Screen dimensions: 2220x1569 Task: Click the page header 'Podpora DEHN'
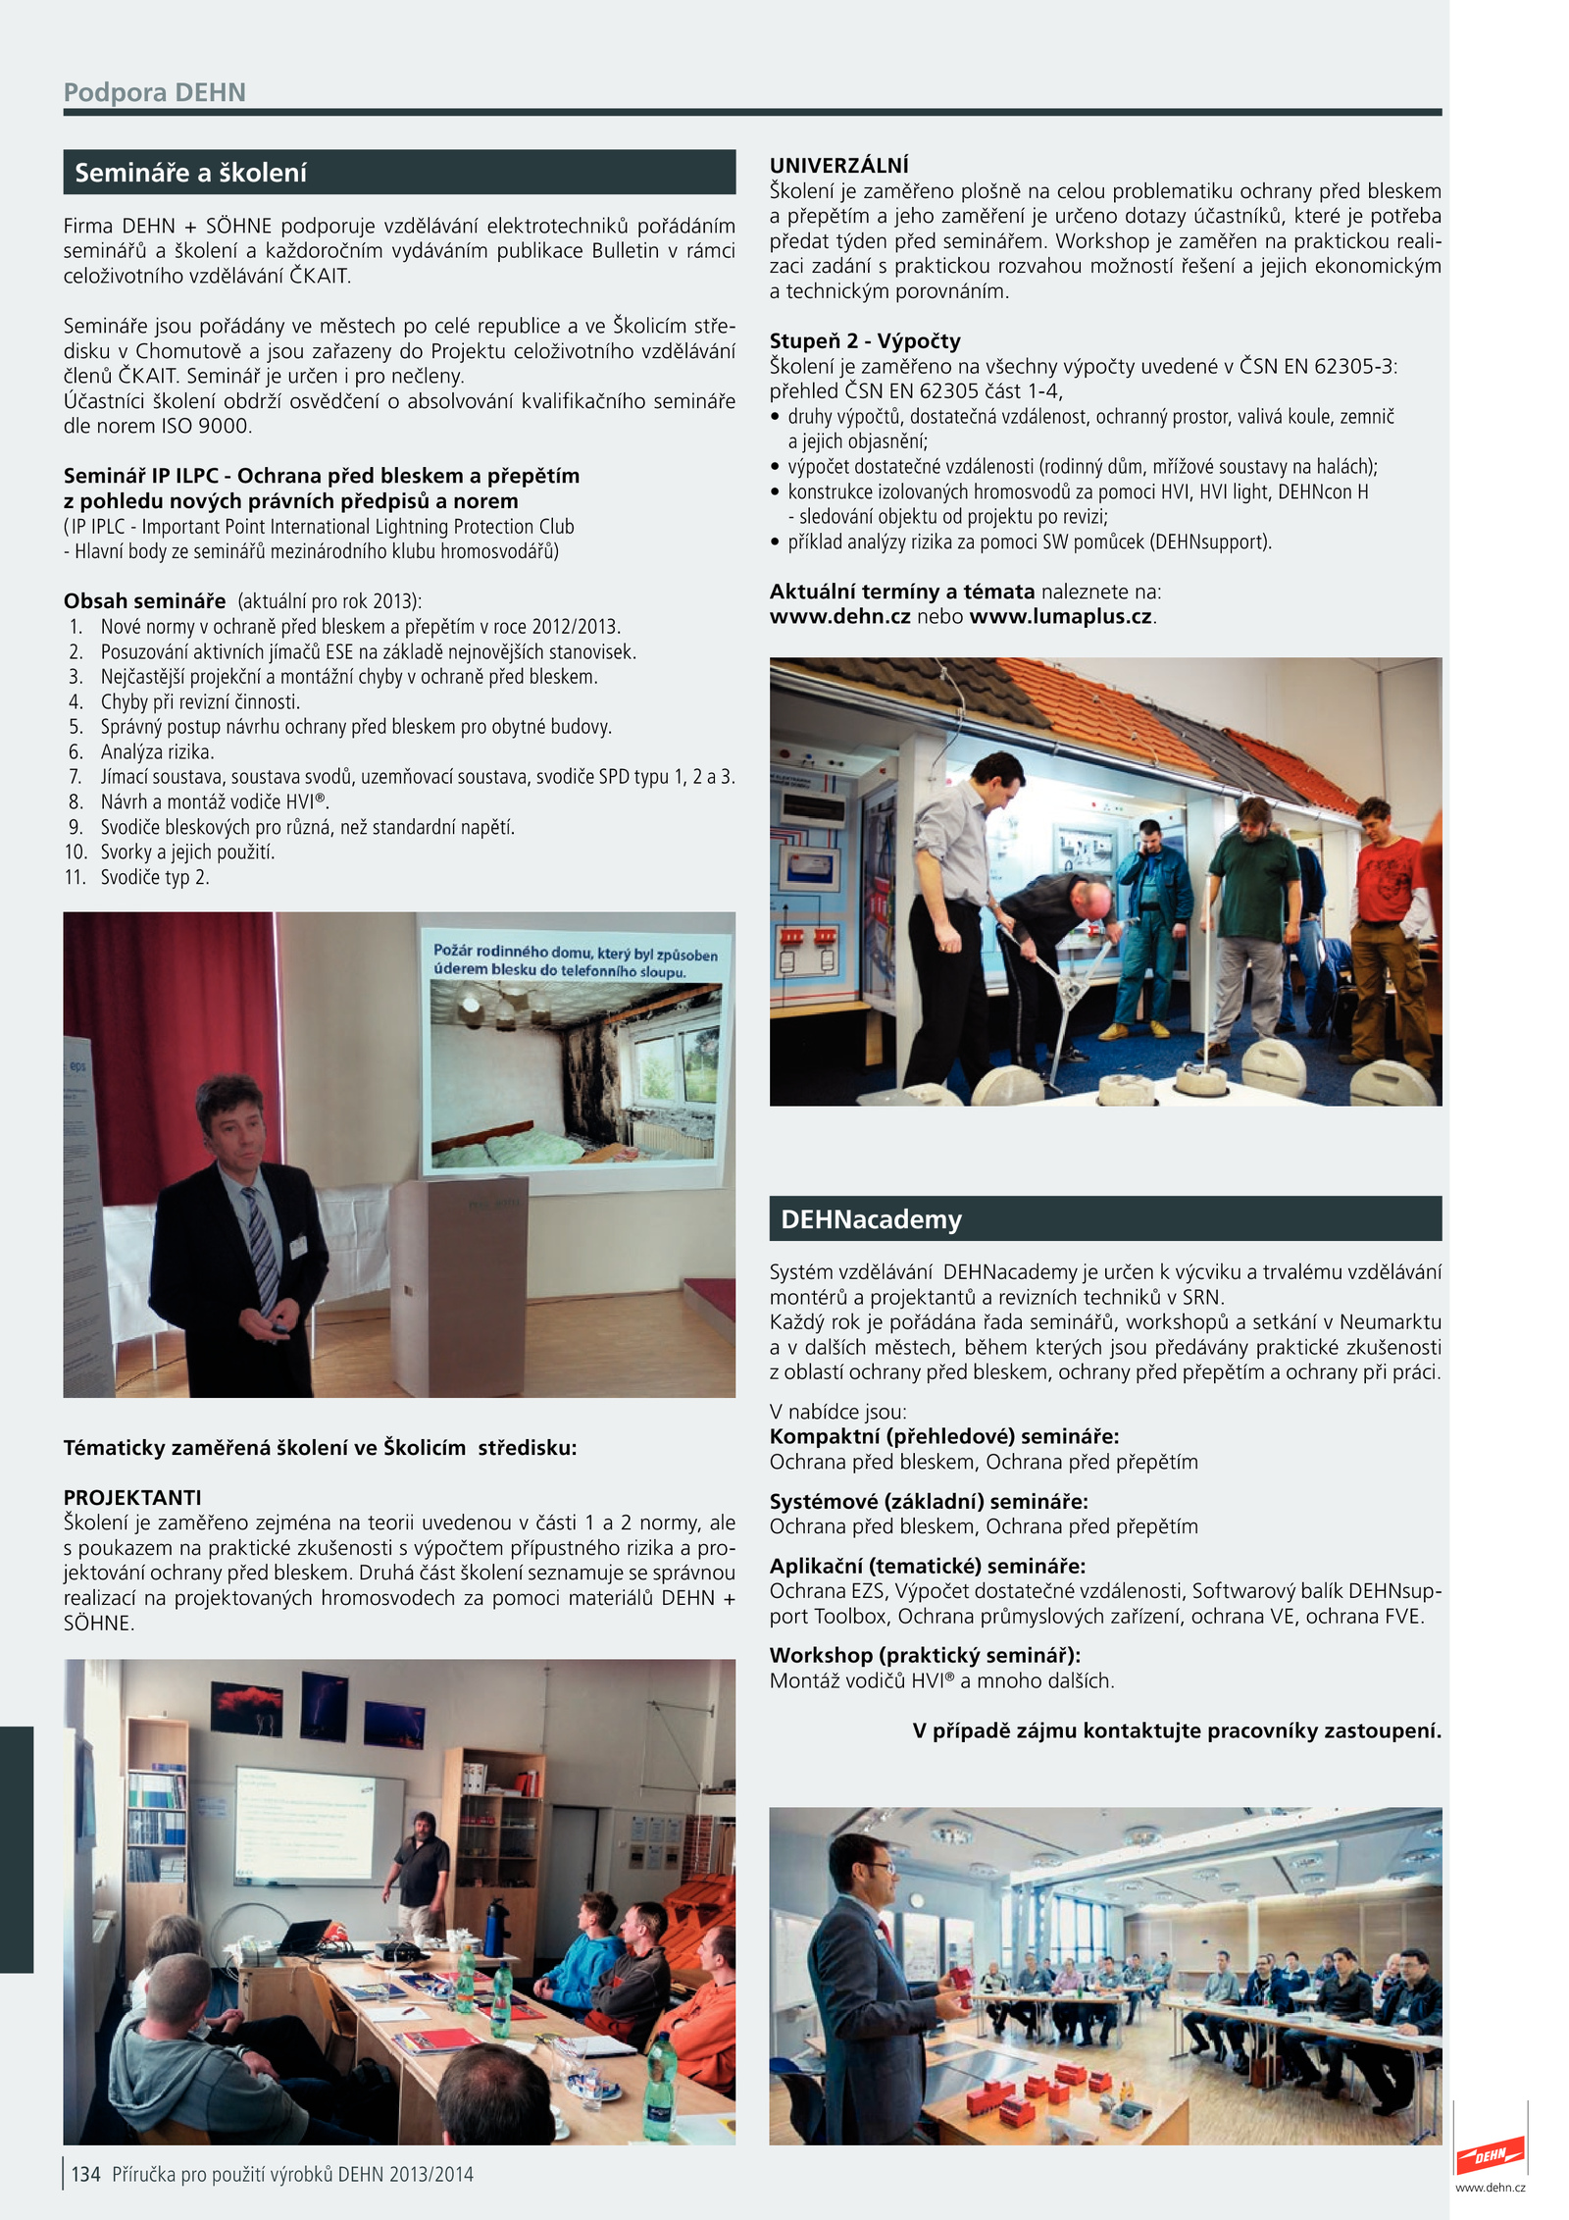click(x=154, y=92)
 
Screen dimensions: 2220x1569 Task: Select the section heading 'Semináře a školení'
click(x=190, y=173)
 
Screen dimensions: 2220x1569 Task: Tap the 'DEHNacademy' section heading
click(x=871, y=1219)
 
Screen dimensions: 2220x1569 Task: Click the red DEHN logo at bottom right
click(x=1490, y=2154)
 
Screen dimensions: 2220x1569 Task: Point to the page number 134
click(x=85, y=2174)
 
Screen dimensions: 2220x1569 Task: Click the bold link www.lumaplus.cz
click(x=1060, y=617)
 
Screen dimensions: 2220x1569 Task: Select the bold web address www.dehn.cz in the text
click(x=839, y=617)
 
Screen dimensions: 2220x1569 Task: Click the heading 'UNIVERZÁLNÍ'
click(x=838, y=165)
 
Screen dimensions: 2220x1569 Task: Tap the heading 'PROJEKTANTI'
click(x=132, y=1497)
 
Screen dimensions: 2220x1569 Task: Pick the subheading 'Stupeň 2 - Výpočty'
click(x=864, y=340)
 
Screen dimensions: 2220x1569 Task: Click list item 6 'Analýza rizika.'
click(x=157, y=751)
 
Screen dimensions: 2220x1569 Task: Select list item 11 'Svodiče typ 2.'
click(x=154, y=877)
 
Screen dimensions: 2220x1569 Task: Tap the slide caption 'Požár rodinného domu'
click(x=575, y=961)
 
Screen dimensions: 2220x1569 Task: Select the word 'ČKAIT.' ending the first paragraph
click(x=320, y=276)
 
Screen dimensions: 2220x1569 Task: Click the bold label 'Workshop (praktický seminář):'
click(x=925, y=1655)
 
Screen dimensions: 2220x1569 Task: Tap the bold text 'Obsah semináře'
click(x=144, y=600)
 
